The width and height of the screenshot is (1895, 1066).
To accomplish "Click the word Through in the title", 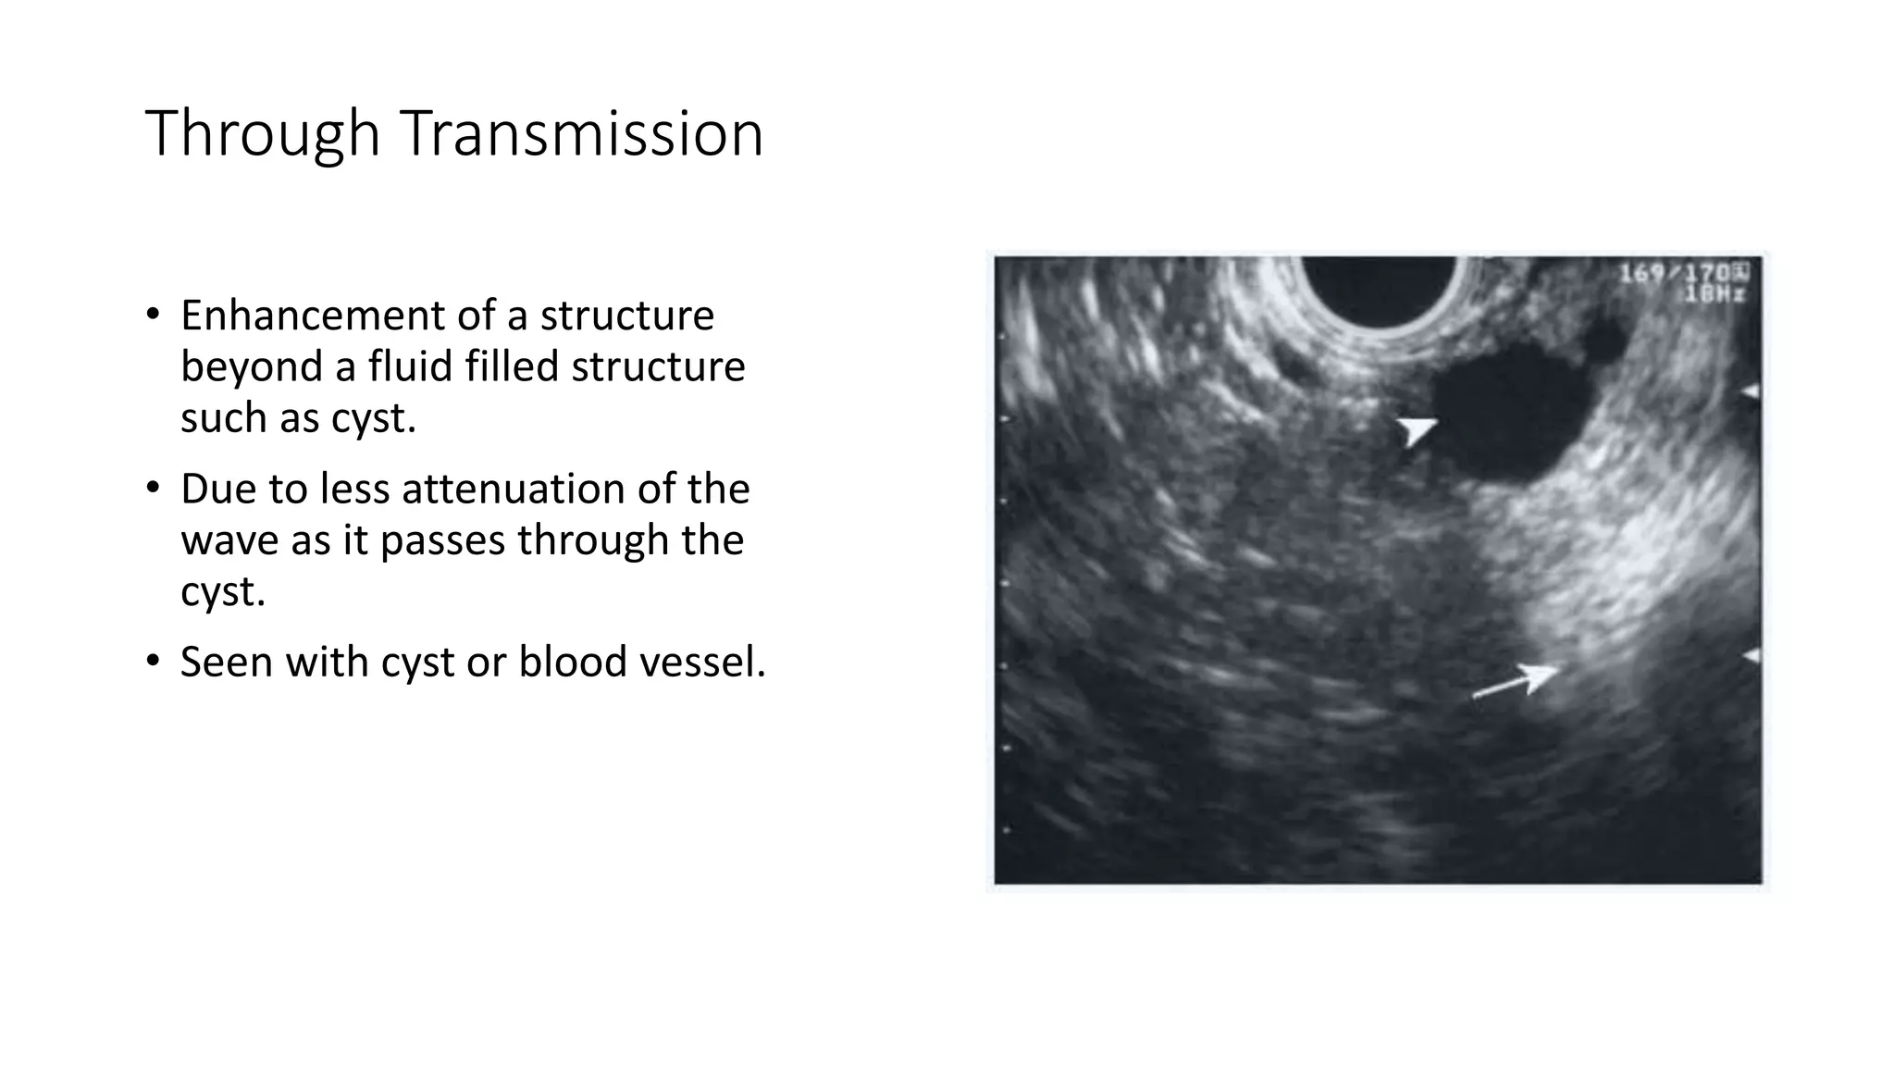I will click(x=263, y=134).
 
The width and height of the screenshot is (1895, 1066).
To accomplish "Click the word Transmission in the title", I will click(x=582, y=134).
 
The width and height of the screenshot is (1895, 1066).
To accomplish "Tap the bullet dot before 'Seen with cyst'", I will click(x=154, y=662).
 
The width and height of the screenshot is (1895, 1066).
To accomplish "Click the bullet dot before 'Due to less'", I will click(x=154, y=489).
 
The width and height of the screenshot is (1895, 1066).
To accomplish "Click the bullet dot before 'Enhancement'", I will click(x=154, y=316).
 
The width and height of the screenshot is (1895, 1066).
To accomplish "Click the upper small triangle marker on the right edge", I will click(x=1751, y=393).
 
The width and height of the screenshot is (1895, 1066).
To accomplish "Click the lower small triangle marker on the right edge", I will click(x=1751, y=656).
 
